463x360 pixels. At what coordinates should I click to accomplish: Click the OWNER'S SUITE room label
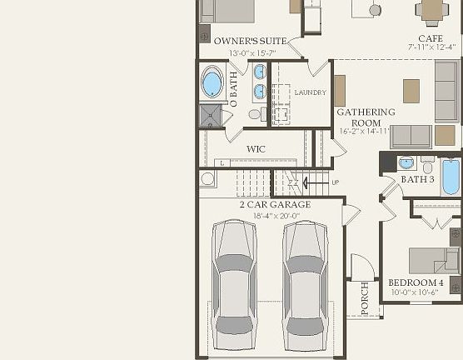251,41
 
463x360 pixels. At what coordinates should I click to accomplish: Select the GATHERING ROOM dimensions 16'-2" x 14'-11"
366,132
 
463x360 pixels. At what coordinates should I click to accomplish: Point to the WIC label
255,149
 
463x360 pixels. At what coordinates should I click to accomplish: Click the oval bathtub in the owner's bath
212,84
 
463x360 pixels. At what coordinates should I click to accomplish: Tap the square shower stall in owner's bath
209,116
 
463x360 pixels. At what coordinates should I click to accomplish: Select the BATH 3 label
417,179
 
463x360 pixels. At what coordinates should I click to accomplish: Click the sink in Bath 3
406,162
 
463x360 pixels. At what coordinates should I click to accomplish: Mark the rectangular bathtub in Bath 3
451,176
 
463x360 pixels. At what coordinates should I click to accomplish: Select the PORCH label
364,298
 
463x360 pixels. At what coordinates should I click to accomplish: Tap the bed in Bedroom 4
434,260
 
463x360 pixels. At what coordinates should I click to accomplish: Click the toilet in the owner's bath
255,114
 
